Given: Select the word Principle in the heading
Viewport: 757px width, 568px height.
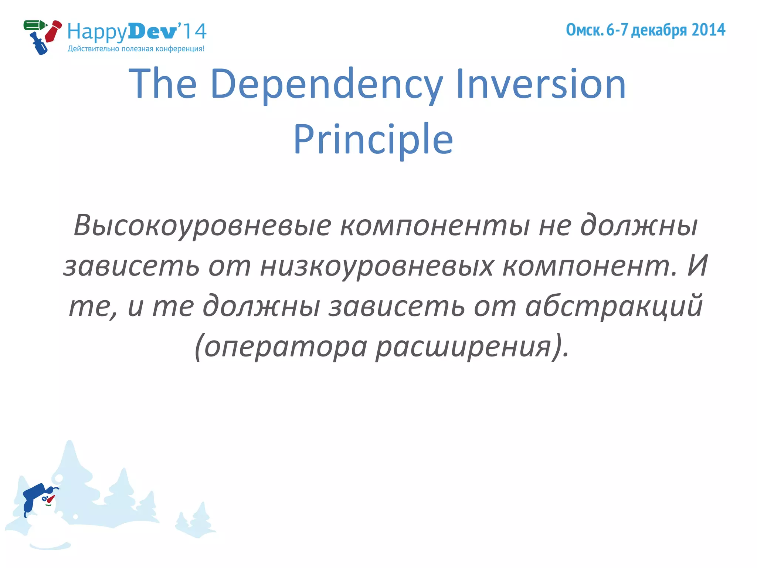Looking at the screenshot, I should click(x=373, y=140).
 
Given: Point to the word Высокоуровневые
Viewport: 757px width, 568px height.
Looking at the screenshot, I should click(x=202, y=226).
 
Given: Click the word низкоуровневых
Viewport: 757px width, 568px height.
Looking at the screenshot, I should click(x=377, y=266).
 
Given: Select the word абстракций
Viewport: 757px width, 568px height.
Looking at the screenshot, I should click(x=614, y=306).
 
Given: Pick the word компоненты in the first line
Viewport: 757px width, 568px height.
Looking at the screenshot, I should click(x=435, y=226).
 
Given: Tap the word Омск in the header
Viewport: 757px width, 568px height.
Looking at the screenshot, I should click(x=584, y=30).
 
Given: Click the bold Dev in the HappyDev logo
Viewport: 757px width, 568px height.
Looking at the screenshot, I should click(x=153, y=31).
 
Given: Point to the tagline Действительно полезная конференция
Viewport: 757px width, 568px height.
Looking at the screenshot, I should click(x=136, y=49).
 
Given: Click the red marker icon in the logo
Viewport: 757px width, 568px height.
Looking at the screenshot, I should click(x=53, y=31).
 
